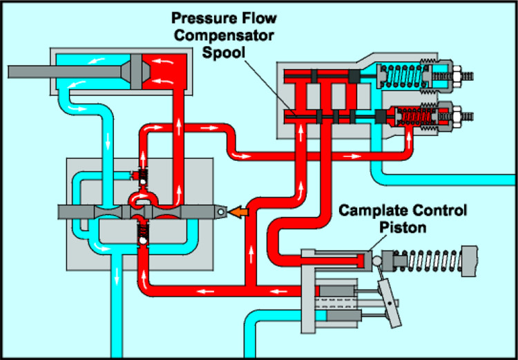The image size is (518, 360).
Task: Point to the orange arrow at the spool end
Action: click(x=239, y=212)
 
